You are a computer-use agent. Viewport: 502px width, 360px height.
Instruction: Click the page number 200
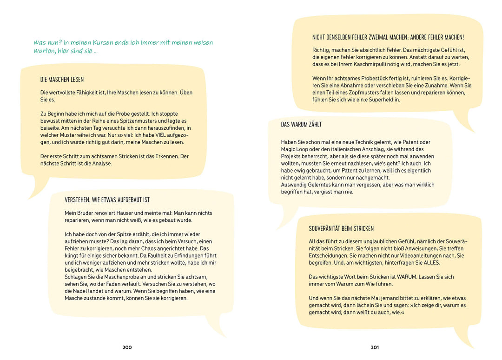tap(127, 347)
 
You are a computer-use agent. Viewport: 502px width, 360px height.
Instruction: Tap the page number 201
tap(375, 347)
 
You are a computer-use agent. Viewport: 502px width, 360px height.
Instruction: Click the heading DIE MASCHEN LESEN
tap(62, 80)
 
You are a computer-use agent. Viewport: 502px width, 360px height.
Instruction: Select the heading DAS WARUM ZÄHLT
tap(301, 125)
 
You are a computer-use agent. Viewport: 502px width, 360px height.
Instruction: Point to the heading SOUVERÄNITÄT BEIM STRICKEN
tap(341, 228)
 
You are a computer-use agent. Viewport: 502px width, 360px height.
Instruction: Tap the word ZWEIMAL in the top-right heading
tap(386, 37)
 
